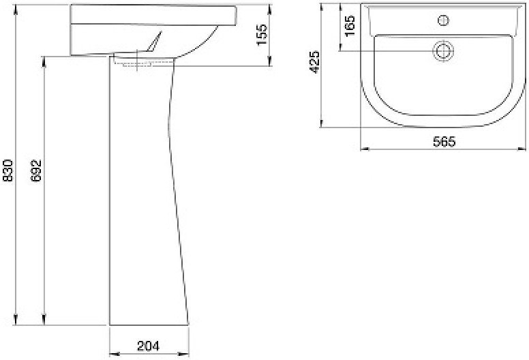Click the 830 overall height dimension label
click(x=7, y=170)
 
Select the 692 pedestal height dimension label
click(x=35, y=170)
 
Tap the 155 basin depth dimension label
click(x=262, y=34)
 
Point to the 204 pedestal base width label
click(x=148, y=346)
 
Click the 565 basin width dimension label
click(x=444, y=141)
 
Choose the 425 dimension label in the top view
click(x=314, y=62)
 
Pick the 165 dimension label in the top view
click(x=350, y=26)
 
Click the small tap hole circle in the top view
click(x=443, y=20)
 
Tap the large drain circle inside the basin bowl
click(x=443, y=50)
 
